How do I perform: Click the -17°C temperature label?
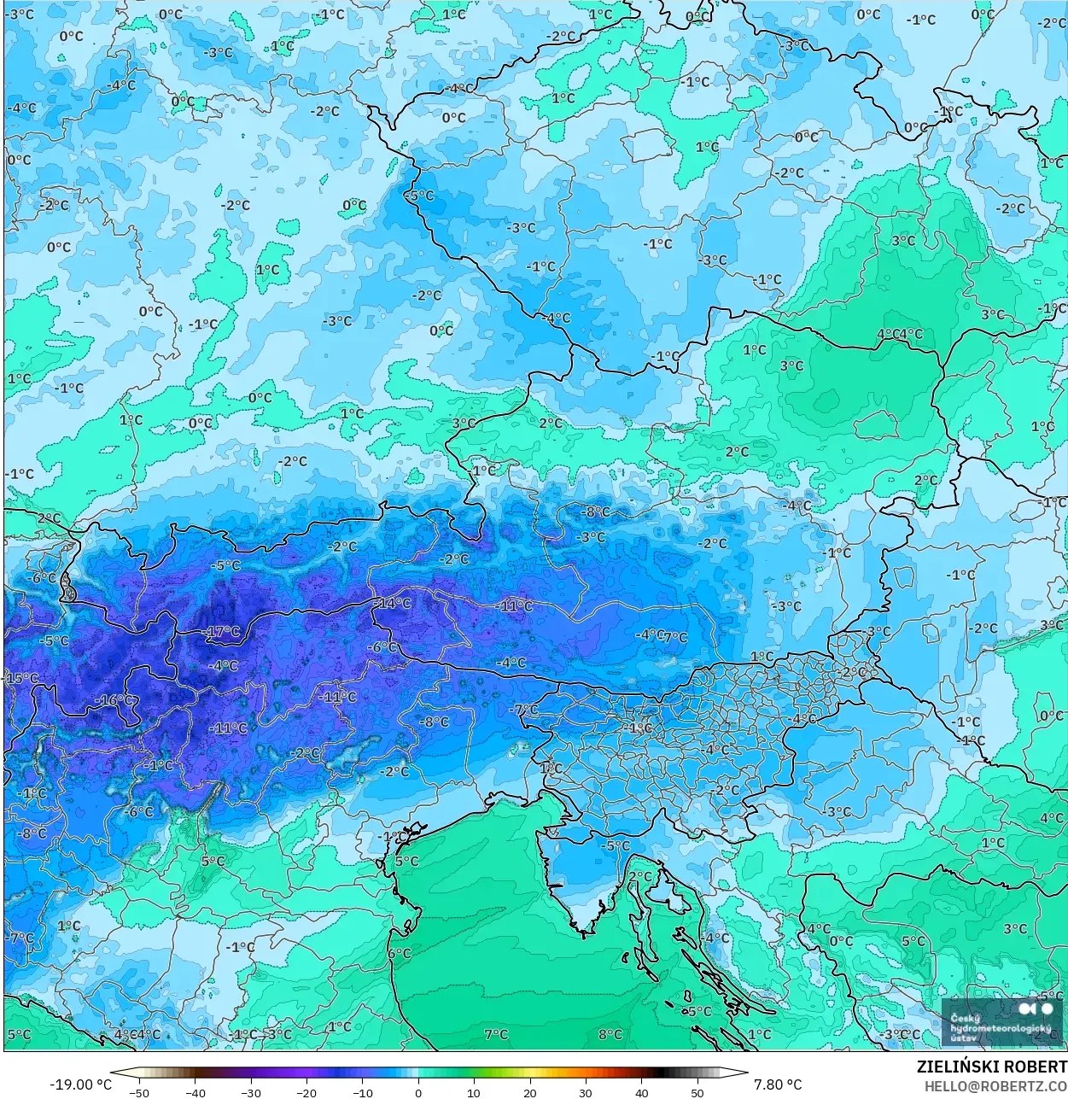coord(223,632)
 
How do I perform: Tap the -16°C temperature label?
coord(115,700)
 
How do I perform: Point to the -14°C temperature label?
coord(393,603)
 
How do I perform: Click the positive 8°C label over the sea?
coord(610,1034)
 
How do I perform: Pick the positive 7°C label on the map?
coord(496,1034)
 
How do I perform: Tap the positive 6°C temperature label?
coord(400,953)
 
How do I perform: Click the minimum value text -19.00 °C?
coord(80,1084)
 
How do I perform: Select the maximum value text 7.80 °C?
coord(777,1084)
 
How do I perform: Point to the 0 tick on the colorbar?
coord(418,1092)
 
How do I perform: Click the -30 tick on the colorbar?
coord(250,1092)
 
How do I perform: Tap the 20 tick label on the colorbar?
coord(530,1092)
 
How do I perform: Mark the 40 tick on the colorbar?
coord(642,1092)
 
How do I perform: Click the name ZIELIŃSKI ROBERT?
coord(991,1067)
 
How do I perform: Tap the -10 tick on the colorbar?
coord(362,1092)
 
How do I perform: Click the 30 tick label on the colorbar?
coord(586,1092)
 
